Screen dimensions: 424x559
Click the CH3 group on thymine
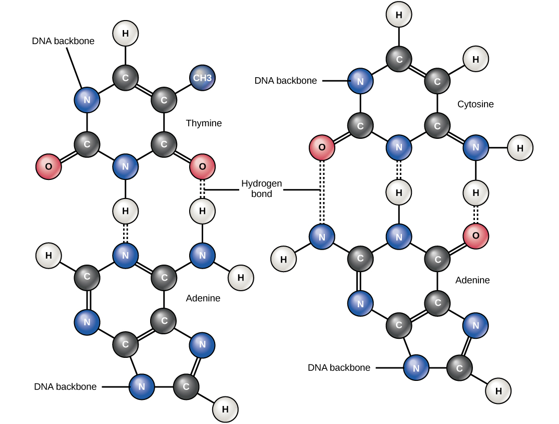click(x=202, y=78)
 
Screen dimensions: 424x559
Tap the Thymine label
click(x=204, y=123)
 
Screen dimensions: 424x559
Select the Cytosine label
click(x=475, y=104)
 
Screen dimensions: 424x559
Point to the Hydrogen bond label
click(x=261, y=188)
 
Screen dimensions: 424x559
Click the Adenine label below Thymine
click(x=203, y=298)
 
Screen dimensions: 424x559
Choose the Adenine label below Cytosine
click(x=472, y=280)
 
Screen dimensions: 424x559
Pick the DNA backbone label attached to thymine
click(x=63, y=41)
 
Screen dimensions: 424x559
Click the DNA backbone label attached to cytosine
click(x=285, y=80)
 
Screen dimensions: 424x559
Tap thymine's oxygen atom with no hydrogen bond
click(x=49, y=166)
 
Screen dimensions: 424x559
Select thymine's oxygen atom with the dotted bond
click(x=202, y=166)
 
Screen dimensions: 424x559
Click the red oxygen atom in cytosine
click(x=322, y=148)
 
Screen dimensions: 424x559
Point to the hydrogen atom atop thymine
click(x=125, y=34)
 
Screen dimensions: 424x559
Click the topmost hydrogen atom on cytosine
click(x=399, y=15)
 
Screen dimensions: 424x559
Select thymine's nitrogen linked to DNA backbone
click(x=87, y=100)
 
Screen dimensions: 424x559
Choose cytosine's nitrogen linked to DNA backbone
click(x=360, y=80)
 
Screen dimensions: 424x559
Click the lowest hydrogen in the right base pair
click(x=498, y=391)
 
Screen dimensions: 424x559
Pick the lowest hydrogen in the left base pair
click(x=225, y=409)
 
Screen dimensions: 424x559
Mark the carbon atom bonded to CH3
click(x=164, y=100)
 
